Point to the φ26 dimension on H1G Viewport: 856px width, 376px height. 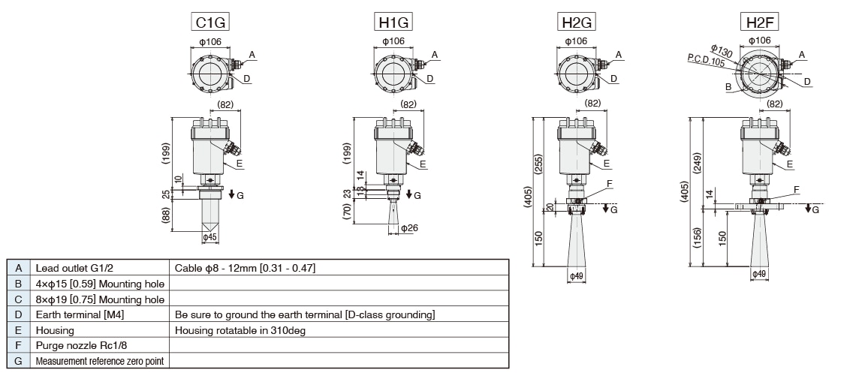click(x=408, y=227)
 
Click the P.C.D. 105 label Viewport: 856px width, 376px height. click(x=706, y=61)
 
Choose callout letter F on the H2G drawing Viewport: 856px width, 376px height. click(x=609, y=182)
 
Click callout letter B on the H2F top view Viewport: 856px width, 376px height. click(x=707, y=87)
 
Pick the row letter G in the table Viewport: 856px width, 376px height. click(x=18, y=361)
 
